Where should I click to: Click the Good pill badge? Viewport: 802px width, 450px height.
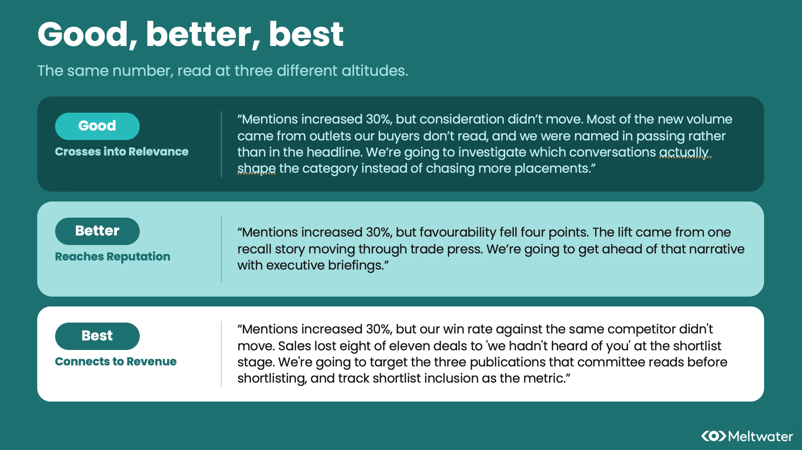(x=97, y=126)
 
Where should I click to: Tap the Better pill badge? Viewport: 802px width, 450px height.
(x=97, y=231)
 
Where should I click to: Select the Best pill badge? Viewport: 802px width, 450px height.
(x=97, y=336)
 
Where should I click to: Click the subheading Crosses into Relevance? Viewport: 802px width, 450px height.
(x=121, y=152)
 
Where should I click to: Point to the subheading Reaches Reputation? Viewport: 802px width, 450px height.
(x=112, y=257)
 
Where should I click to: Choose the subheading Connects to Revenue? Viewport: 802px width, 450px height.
(x=116, y=362)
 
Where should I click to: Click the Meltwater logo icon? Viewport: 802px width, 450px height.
(x=714, y=436)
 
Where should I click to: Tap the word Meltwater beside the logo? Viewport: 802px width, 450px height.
(x=761, y=436)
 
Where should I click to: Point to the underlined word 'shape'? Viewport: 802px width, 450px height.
(x=256, y=169)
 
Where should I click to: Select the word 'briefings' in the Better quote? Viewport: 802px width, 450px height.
(x=355, y=266)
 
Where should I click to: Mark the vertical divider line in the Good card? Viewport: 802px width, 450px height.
(x=221, y=144)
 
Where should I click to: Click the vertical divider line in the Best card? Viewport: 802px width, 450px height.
(x=221, y=354)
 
